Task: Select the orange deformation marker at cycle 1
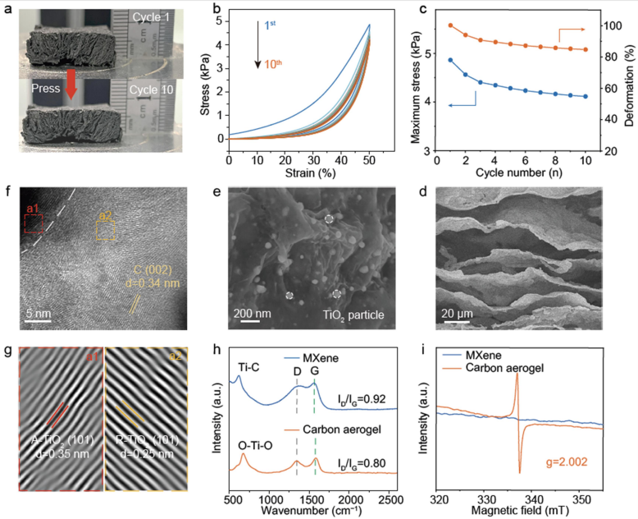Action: (449, 25)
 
